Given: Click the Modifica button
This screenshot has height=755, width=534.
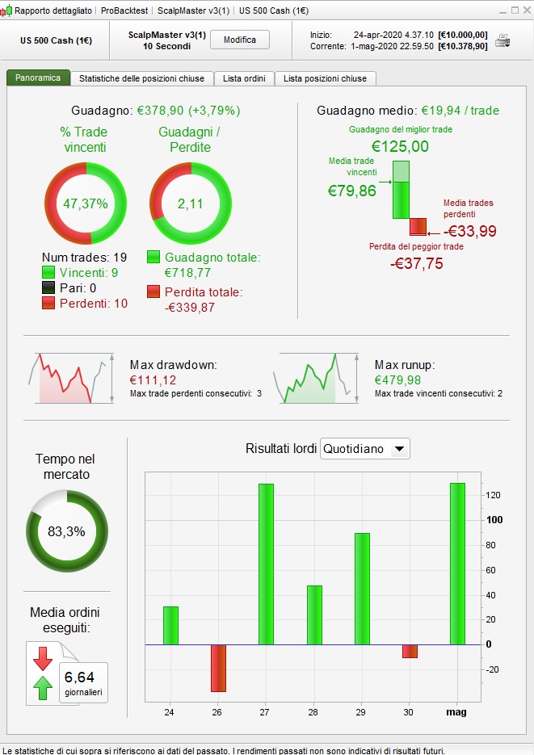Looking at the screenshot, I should (x=239, y=40).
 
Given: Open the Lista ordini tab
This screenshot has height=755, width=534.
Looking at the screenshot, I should (x=245, y=78).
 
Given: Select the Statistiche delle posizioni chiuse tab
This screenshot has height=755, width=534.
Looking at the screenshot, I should (x=142, y=78).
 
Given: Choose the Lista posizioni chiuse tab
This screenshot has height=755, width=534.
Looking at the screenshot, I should (x=325, y=78).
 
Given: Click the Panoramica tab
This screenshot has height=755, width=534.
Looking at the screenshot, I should (x=38, y=78).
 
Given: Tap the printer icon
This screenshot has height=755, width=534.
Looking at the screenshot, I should (x=502, y=40).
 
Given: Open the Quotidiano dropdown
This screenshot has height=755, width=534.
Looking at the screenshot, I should (x=365, y=449).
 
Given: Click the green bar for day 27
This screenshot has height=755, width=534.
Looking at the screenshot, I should (x=266, y=564).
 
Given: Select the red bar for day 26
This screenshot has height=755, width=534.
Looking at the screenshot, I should (x=218, y=668).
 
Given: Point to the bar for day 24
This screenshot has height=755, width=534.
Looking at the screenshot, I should (x=170, y=626).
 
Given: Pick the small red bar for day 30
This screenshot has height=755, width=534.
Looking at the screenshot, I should (x=410, y=651).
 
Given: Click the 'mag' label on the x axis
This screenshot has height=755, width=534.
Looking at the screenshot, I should (x=456, y=713).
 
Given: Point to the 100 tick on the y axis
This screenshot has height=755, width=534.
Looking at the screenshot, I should (x=494, y=520).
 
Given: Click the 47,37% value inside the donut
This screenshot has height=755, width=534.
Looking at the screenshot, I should (x=86, y=203).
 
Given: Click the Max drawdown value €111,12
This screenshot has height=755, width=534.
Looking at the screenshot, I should (x=153, y=380).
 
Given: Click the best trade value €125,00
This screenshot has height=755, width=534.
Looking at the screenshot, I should (x=400, y=146).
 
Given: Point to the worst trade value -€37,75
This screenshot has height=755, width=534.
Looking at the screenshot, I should (x=416, y=263).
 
